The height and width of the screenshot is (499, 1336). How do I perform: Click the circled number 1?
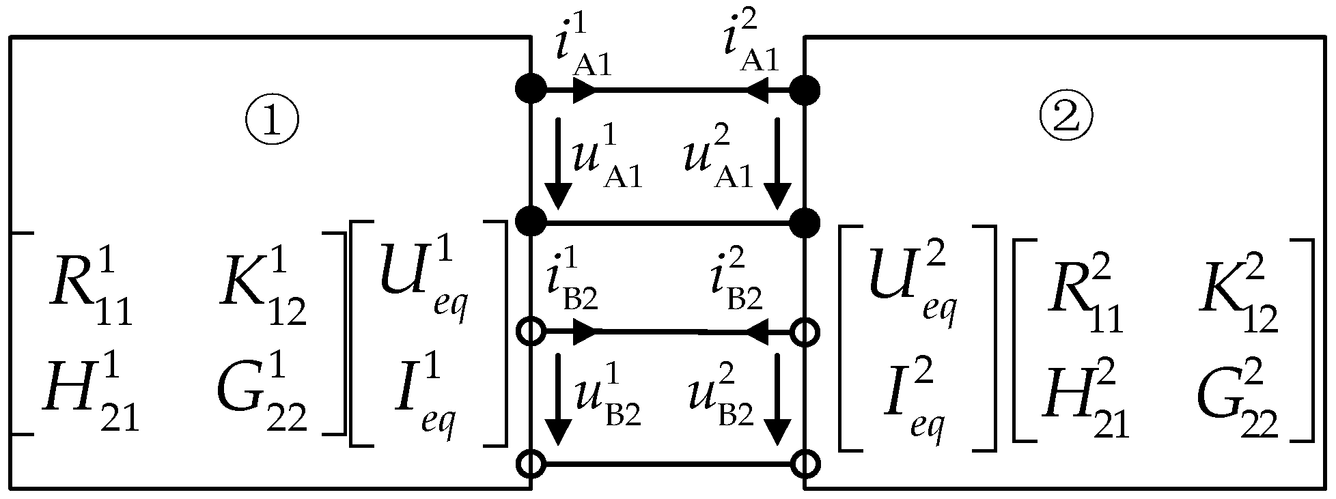[x=273, y=121]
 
